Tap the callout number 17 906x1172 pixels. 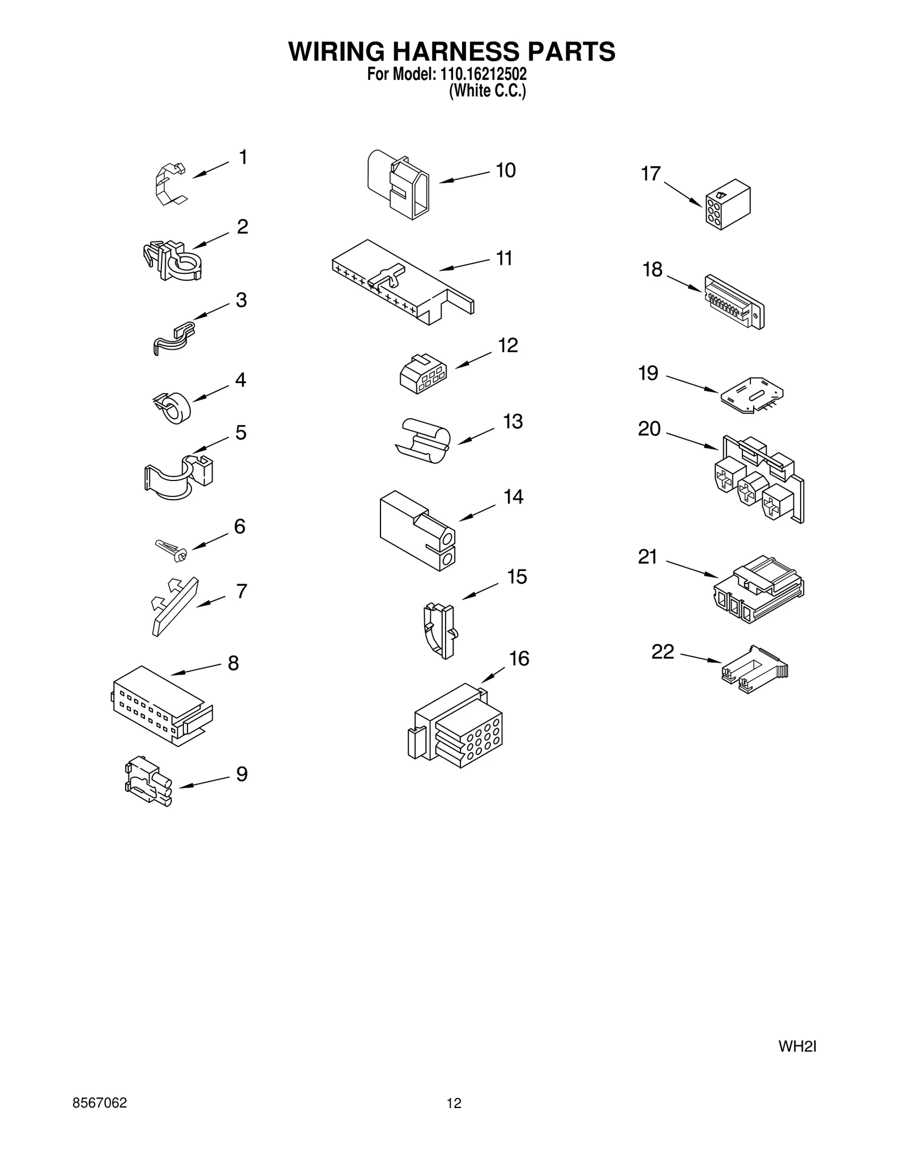(x=651, y=174)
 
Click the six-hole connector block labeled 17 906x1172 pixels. (x=728, y=205)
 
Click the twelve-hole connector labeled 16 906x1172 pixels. (x=455, y=726)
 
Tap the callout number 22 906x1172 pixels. (x=663, y=652)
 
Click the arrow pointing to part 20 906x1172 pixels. (x=692, y=441)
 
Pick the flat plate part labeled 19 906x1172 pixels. (x=751, y=395)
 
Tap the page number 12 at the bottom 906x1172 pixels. (x=454, y=1103)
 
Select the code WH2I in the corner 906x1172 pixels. (x=797, y=1047)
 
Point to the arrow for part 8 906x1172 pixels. (x=195, y=669)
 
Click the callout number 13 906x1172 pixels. (x=512, y=422)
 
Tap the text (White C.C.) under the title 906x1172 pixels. (x=487, y=91)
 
